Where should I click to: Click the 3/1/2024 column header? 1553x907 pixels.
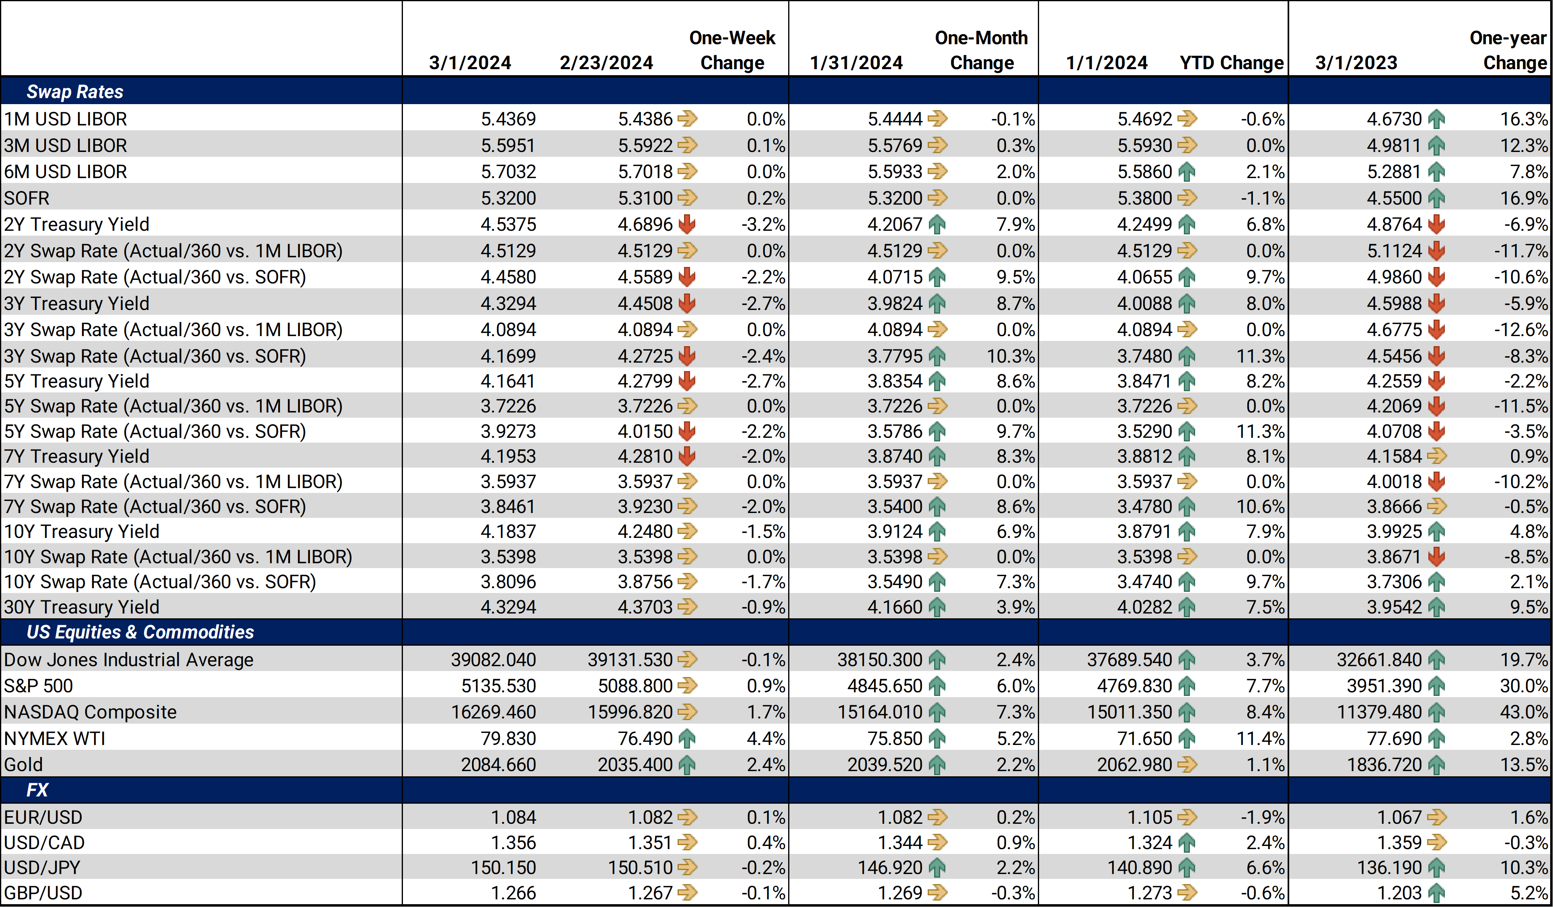(x=470, y=62)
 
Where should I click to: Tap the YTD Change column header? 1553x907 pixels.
(x=1231, y=62)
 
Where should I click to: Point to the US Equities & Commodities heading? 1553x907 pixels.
(x=140, y=632)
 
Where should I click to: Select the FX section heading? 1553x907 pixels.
(x=37, y=790)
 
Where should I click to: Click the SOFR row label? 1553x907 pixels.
(x=27, y=198)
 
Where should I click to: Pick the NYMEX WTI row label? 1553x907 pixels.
(x=55, y=738)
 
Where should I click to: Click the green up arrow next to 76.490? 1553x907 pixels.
(x=686, y=738)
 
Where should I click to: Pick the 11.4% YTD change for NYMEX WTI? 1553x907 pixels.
(x=1260, y=738)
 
